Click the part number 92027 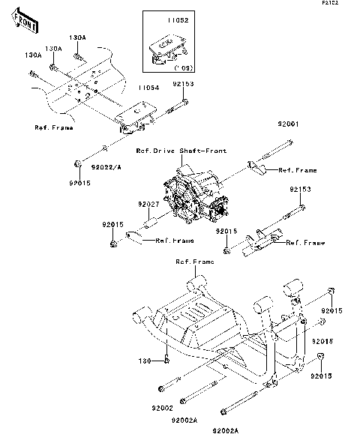coord(148,203)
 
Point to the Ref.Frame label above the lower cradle coord(194,262)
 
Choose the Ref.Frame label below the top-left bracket coord(54,128)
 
